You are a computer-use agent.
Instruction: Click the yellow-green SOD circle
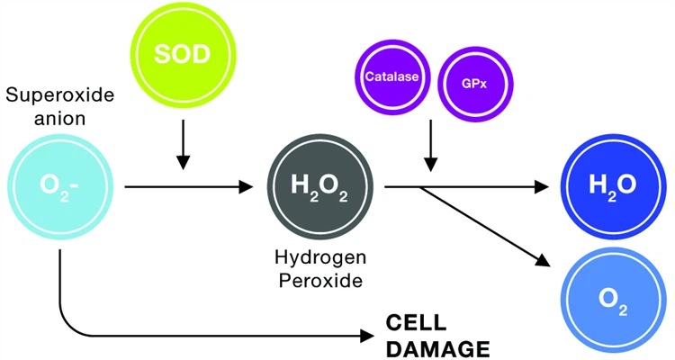[184, 55]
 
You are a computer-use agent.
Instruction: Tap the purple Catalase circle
[391, 77]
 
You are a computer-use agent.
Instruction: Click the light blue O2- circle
[59, 186]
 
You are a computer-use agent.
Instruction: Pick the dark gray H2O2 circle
[318, 186]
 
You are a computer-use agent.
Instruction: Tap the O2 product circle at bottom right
[613, 296]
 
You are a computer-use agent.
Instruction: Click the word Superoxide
[58, 94]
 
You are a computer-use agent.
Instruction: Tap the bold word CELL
[418, 322]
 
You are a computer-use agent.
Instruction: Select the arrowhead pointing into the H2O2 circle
[246, 187]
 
